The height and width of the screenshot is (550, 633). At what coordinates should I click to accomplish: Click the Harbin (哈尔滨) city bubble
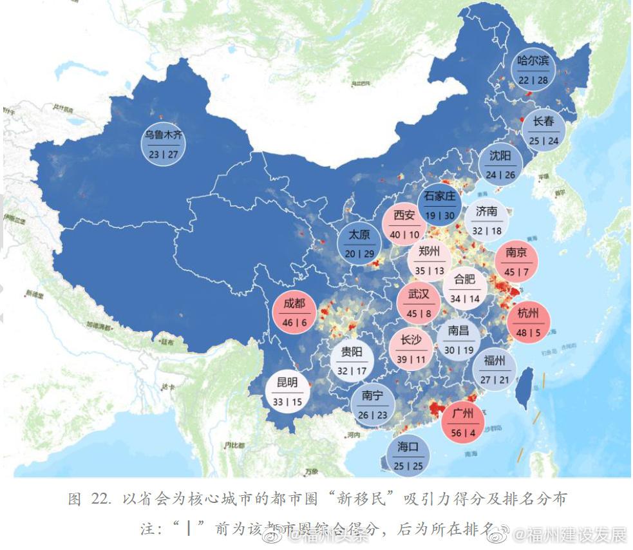pos(533,70)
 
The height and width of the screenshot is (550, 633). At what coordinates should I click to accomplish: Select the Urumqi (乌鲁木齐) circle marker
pos(163,144)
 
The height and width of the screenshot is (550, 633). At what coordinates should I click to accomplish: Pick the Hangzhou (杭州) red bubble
pos(527,322)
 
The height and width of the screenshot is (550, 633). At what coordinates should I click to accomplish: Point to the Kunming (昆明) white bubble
pos(288,392)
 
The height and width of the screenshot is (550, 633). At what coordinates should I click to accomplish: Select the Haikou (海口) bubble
pos(408,455)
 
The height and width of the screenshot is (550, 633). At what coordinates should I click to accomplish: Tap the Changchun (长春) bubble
pos(543,130)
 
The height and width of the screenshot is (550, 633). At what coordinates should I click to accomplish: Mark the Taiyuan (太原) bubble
pos(359,244)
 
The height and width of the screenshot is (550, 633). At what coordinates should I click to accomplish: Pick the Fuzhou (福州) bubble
pos(494,369)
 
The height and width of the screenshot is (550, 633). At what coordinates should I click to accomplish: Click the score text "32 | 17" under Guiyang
pos(352,371)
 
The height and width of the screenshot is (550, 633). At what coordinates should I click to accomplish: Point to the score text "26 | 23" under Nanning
pos(373,415)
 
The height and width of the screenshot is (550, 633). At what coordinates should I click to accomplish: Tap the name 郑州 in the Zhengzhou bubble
pos(429,251)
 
